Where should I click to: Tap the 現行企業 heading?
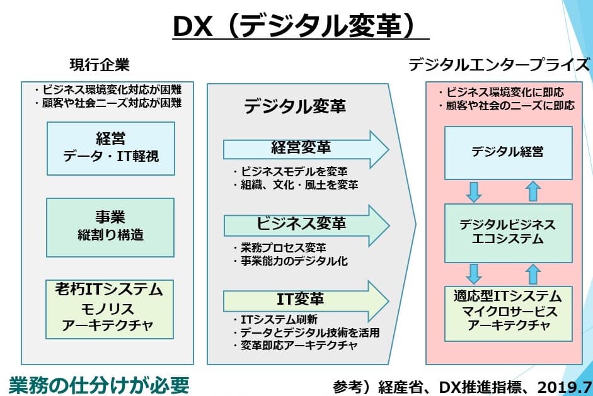pos(100,65)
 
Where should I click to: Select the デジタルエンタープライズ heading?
pos(499,65)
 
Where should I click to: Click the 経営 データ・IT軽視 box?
pos(111,149)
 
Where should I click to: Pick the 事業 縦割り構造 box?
pos(110,227)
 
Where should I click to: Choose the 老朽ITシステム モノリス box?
pos(110,309)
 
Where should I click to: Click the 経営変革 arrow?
pos(306,149)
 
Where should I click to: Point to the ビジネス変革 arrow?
pos(306,225)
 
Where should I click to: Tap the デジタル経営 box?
pos(509,152)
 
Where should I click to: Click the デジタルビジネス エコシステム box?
pos(509,233)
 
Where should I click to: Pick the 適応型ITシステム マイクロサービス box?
pos(509,314)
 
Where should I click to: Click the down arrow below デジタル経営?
pos(474,192)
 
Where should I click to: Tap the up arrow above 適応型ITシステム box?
pos(533,274)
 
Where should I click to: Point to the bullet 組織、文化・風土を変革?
pos(296,184)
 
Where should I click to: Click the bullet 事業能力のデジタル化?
pos(291,261)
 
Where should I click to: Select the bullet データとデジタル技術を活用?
pos(306,332)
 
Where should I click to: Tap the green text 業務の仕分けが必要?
pos(99,385)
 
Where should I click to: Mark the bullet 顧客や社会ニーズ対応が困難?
pos(108,103)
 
